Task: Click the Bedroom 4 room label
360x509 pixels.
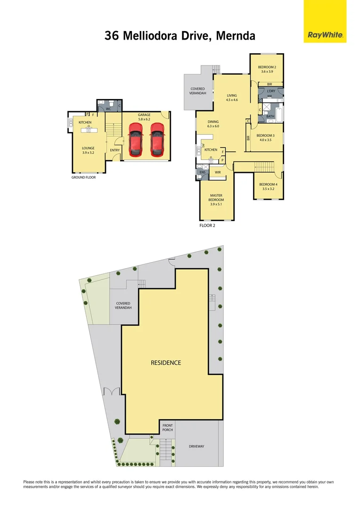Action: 268,186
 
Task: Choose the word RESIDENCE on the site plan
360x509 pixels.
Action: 165,362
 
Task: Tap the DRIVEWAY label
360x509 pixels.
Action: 196,446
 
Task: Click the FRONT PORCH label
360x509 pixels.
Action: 167,427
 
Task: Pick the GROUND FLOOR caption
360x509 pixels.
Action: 83,178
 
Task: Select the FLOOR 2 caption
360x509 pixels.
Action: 207,226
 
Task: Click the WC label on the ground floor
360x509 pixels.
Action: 108,109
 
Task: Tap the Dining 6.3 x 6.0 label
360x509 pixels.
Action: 213,124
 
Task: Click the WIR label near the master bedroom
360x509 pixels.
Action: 218,172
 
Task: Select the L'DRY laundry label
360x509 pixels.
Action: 271,91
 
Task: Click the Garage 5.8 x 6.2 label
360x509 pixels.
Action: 144,117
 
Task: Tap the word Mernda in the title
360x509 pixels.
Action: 235,36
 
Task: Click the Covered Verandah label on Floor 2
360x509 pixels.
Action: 197,91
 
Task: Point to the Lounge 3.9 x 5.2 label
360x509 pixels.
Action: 88,150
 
